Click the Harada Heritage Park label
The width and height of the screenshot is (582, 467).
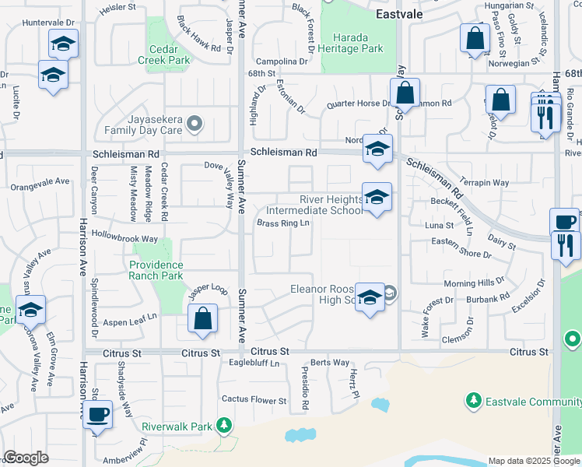(357, 43)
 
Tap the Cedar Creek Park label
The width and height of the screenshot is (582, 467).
(163, 54)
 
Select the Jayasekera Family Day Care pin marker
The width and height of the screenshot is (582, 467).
(195, 123)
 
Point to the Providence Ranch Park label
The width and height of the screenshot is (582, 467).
(156, 270)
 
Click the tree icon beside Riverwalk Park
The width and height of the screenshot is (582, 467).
(224, 425)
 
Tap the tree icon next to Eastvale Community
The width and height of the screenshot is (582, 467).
(472, 400)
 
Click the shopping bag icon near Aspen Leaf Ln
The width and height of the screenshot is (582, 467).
(202, 319)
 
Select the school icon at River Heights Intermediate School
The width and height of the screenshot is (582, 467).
(377, 198)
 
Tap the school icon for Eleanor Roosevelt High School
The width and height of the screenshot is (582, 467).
(370, 298)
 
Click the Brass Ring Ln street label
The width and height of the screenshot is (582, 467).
(283, 224)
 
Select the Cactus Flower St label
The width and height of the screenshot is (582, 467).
(254, 400)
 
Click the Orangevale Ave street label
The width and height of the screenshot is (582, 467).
(40, 187)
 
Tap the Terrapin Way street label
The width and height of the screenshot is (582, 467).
(484, 183)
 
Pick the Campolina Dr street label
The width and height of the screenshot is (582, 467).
(282, 61)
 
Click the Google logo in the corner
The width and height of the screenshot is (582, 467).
(26, 458)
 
